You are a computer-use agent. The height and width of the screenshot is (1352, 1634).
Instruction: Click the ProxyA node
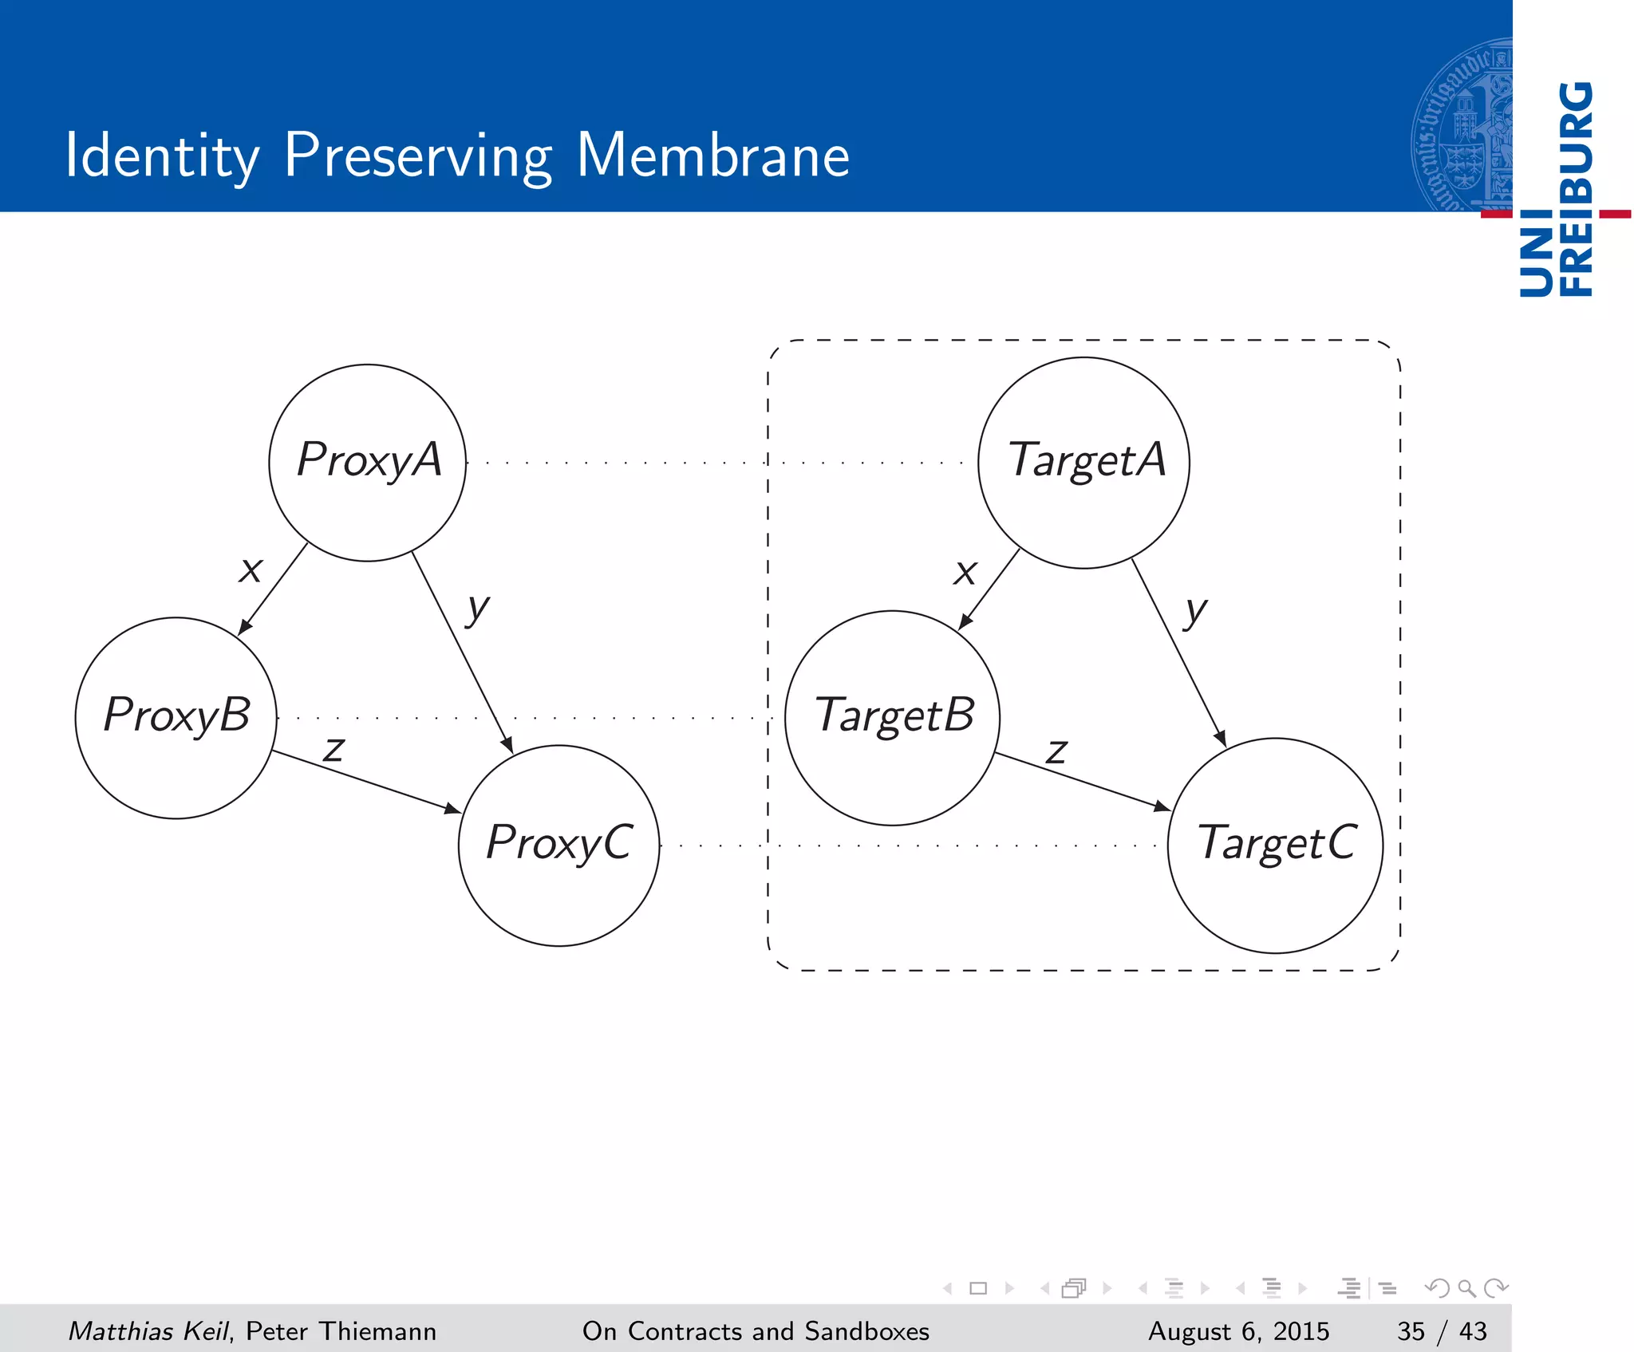pos(368,463)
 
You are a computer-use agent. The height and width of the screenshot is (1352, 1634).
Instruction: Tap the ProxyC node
pos(558,845)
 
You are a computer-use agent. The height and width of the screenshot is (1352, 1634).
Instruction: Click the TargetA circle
pos(1083,463)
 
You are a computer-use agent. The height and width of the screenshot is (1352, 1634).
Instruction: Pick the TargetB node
pos(892,717)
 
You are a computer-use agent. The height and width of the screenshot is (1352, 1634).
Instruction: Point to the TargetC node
pos(1275,845)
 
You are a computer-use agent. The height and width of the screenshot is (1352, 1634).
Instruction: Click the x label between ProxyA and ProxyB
pos(251,570)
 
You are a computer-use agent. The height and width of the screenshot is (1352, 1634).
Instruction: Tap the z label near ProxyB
pos(334,748)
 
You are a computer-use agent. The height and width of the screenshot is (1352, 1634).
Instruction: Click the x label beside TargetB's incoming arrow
pos(965,572)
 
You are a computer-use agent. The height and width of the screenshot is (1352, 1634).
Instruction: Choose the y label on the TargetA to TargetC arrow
pos(1194,611)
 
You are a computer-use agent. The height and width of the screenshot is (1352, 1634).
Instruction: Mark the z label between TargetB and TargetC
pos(1056,751)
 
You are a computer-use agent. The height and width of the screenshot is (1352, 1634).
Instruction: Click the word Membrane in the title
pos(712,156)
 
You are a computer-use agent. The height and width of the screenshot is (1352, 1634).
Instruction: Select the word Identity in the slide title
pos(162,156)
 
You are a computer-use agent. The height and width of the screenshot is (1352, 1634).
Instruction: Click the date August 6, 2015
pos(1238,1331)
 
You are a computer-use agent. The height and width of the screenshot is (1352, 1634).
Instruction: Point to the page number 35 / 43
pos(1442,1331)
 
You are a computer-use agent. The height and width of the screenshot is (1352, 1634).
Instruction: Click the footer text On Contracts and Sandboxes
pos(756,1331)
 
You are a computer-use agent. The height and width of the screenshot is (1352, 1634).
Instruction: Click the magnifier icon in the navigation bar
pos(1466,1288)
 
